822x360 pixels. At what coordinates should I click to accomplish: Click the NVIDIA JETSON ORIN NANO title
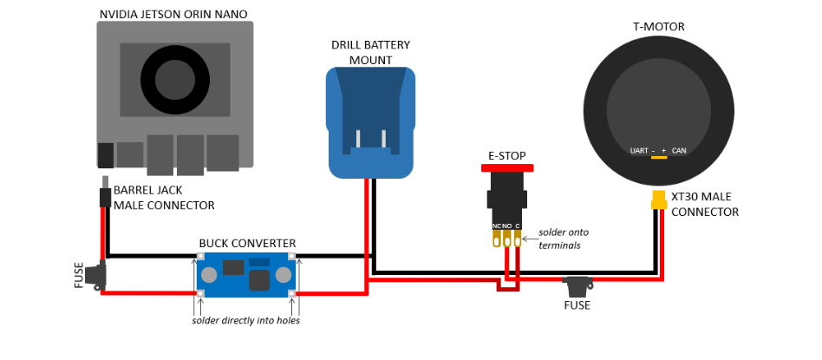(173, 14)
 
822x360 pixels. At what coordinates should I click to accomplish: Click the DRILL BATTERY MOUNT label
(370, 52)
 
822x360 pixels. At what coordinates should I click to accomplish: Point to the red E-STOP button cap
(506, 167)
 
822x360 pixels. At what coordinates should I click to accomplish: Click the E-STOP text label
(506, 155)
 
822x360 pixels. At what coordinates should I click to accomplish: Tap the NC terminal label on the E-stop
(496, 226)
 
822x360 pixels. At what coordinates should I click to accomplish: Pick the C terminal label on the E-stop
(518, 226)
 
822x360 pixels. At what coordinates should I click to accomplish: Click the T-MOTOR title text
(659, 26)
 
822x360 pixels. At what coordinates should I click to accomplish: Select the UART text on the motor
(639, 151)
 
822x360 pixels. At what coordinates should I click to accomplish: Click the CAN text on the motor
(679, 151)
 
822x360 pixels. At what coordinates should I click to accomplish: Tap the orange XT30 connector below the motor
(659, 200)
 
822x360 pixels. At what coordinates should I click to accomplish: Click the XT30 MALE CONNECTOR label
(704, 205)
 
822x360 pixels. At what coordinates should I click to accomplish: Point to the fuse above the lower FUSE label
(577, 283)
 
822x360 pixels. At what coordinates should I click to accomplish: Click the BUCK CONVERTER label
(247, 243)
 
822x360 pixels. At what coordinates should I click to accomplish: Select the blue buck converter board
(247, 275)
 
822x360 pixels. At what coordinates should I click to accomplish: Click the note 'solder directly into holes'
(247, 321)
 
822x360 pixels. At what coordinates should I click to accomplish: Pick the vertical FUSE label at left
(81, 275)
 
